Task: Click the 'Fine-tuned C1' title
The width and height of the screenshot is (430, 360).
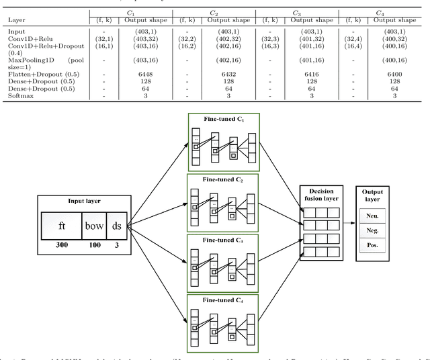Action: pyautogui.click(x=224, y=119)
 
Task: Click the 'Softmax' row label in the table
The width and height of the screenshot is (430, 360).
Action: pyautogui.click(x=19, y=95)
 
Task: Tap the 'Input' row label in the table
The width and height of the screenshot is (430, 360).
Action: pyautogui.click(x=16, y=31)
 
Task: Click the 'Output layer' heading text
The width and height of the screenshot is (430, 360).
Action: pyautogui.click(x=373, y=195)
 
